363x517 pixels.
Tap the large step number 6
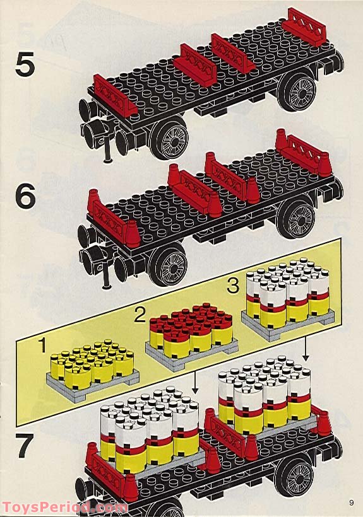(26, 197)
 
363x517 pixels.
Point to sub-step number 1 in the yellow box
(42, 346)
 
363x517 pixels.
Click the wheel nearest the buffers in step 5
(170, 139)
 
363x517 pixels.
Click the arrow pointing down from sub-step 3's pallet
(305, 347)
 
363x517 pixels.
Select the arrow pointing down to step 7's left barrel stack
(194, 381)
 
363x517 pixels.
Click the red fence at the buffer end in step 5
(115, 95)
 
